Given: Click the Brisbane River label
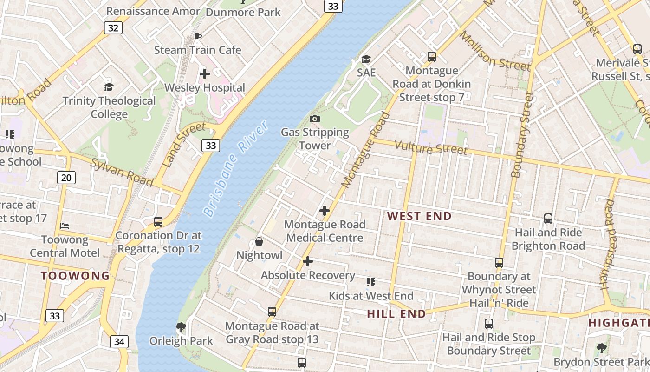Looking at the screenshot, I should (x=236, y=168).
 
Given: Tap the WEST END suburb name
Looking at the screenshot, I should (x=419, y=216).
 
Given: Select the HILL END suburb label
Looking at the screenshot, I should (x=396, y=314).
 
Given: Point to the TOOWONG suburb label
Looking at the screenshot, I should (x=75, y=276).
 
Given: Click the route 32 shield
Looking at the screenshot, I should (x=113, y=28).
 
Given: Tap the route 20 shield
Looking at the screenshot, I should (x=67, y=177).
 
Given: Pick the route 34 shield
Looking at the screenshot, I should (x=119, y=342).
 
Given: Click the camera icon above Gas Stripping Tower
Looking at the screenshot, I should (x=315, y=119).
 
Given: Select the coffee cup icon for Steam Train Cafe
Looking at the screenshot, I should (x=198, y=36).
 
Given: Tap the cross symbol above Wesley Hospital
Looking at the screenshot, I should (x=204, y=74).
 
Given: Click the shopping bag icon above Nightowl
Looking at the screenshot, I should (x=259, y=241).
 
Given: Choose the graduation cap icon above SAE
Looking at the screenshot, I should (x=366, y=59).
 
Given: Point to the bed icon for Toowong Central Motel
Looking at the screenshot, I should (x=65, y=226).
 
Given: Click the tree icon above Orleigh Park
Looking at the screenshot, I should (x=181, y=327).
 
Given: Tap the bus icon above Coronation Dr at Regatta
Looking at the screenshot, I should (x=158, y=222).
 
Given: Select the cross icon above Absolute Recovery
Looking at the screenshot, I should (x=308, y=261).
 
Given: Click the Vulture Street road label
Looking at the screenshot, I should (x=430, y=148).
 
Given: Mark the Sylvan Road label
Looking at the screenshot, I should (x=122, y=172).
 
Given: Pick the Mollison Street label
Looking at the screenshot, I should (x=494, y=52).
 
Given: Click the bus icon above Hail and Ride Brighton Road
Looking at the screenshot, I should (x=548, y=219).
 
